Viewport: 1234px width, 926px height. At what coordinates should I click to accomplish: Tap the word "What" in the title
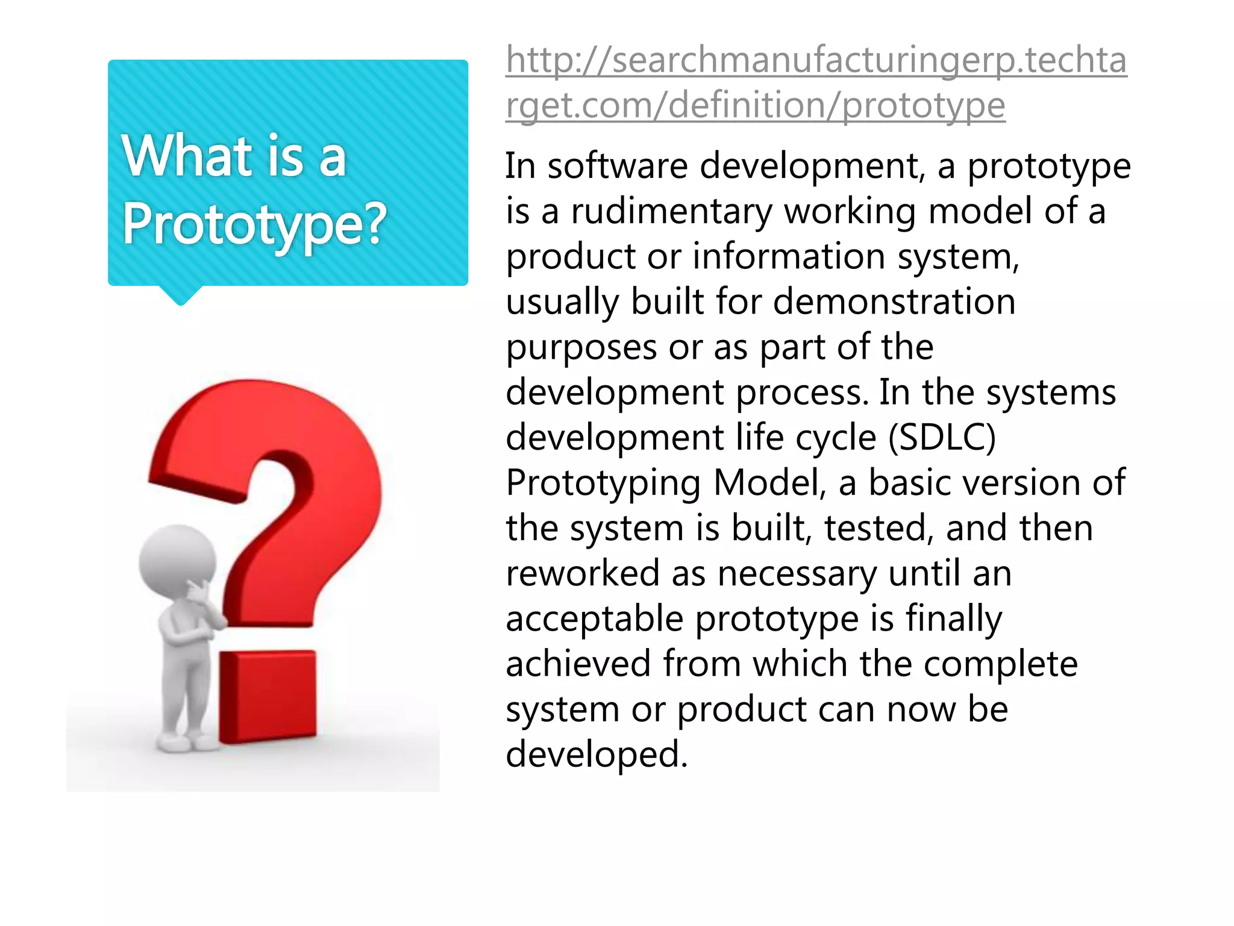point(187,156)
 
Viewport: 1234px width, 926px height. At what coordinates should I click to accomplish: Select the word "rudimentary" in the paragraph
point(671,212)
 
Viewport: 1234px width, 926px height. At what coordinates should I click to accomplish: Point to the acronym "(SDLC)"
point(942,438)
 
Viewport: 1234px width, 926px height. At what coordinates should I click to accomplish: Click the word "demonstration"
point(894,301)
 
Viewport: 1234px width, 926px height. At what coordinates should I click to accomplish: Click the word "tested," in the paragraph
point(879,528)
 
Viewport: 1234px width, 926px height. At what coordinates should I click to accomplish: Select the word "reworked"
point(582,573)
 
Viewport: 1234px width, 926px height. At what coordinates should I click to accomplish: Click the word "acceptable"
point(594,619)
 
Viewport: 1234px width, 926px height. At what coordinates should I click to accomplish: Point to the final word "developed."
point(597,754)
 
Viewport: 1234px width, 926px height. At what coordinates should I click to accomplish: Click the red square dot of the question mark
point(267,696)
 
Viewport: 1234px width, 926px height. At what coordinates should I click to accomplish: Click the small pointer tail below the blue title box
point(180,296)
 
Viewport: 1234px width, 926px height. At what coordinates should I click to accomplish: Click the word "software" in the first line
point(617,166)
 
